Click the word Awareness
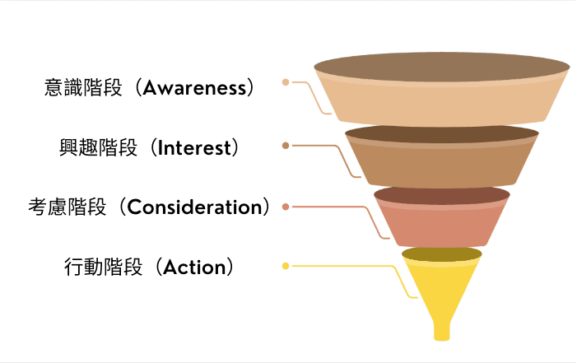pyautogui.click(x=194, y=88)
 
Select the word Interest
pyautogui.click(x=194, y=147)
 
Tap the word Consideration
pyautogui.click(x=194, y=207)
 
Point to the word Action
pyautogui.click(x=194, y=267)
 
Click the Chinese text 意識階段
pyautogui.click(x=83, y=87)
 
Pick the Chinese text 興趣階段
pyautogui.click(x=98, y=147)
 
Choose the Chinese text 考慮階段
pyautogui.click(x=67, y=207)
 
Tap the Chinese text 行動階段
pyautogui.click(x=103, y=267)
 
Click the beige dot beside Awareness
pyautogui.click(x=286, y=82)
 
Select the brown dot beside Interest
pyautogui.click(x=286, y=146)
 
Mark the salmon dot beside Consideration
pyautogui.click(x=286, y=207)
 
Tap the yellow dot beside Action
pyautogui.click(x=286, y=266)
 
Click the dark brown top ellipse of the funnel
pyautogui.click(x=442, y=67)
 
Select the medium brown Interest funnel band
pyautogui.click(x=441, y=165)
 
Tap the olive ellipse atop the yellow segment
pyautogui.click(x=441, y=254)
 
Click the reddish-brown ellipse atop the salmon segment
pyautogui.click(x=441, y=195)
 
